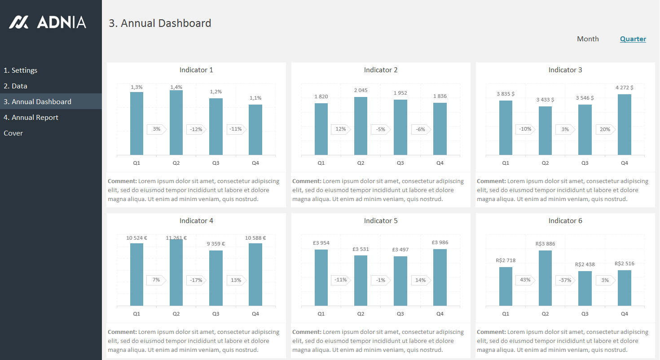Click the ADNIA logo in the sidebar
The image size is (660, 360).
(x=48, y=22)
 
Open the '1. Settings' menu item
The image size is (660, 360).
(x=21, y=70)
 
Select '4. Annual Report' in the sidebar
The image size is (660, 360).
(x=31, y=118)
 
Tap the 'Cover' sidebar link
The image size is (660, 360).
(x=13, y=133)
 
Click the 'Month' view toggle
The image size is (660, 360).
(x=588, y=39)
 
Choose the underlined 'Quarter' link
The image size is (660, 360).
(x=633, y=39)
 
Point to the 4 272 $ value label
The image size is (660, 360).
(x=625, y=88)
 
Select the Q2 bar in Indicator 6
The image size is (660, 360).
(x=545, y=278)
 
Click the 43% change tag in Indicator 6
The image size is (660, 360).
(x=525, y=280)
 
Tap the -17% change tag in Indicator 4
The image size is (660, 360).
(x=196, y=280)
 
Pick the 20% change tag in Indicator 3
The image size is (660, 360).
(x=605, y=129)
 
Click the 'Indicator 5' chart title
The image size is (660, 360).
(x=381, y=221)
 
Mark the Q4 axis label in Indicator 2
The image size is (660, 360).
(x=440, y=163)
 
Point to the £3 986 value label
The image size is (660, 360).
(x=440, y=243)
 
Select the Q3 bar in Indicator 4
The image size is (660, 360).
(x=216, y=278)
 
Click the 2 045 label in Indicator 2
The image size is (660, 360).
(x=361, y=90)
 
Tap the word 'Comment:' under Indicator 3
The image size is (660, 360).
(x=491, y=181)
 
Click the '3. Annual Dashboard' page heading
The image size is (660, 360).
(x=160, y=23)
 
